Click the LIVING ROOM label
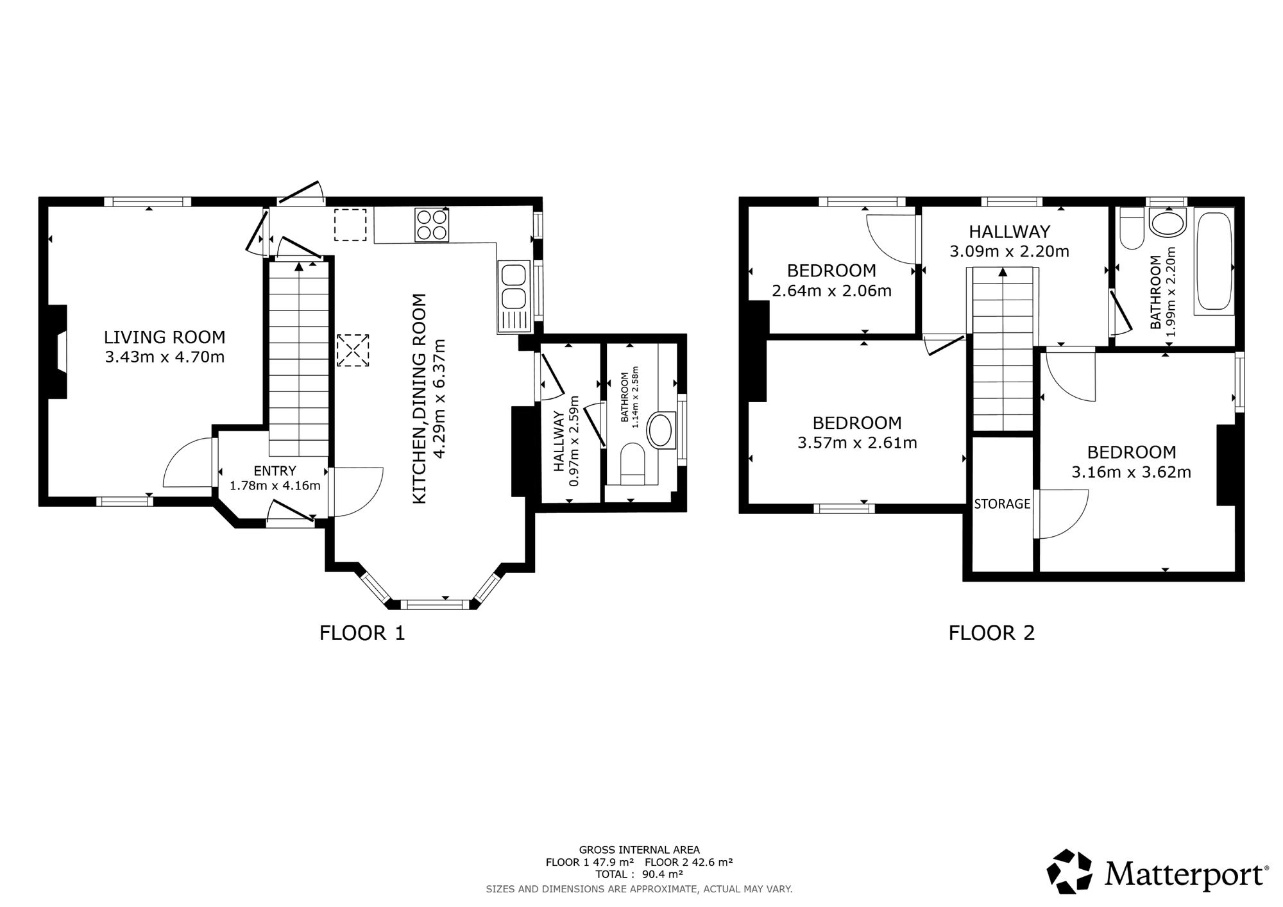tap(165, 337)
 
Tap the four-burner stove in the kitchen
tap(432, 225)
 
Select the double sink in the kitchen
tap(513, 297)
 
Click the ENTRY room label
tap(275, 471)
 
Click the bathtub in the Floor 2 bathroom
tap(1213, 262)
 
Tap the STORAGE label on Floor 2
tap(1002, 504)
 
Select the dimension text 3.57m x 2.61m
tap(857, 443)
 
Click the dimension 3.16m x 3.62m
tap(1131, 473)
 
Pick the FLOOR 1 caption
tap(362, 634)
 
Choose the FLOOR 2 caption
tap(992, 634)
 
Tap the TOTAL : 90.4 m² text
tap(639, 874)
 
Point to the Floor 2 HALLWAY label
tap(1009, 231)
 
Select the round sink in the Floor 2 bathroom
tap(1168, 225)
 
